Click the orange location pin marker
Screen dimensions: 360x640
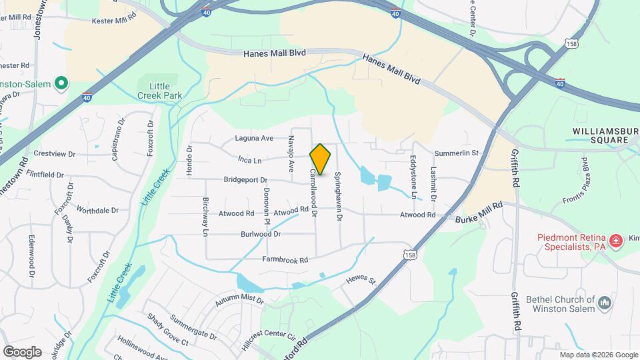(x=321, y=159)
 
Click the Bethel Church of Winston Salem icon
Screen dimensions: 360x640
(x=605, y=303)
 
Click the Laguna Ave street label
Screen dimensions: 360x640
(x=254, y=139)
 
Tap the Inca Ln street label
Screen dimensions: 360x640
(x=249, y=160)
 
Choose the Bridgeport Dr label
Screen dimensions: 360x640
(x=245, y=180)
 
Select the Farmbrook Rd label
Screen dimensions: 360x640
(x=285, y=259)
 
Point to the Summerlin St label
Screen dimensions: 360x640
(x=457, y=153)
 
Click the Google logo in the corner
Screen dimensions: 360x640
(x=22, y=351)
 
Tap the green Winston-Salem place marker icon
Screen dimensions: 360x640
(x=61, y=84)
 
